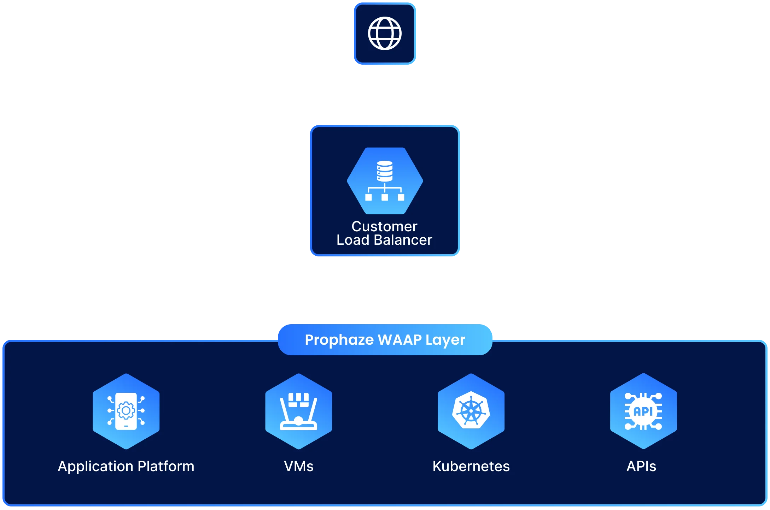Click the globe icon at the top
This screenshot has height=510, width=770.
(x=385, y=34)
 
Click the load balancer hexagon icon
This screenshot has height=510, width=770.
(x=385, y=181)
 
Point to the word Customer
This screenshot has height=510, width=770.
(x=384, y=226)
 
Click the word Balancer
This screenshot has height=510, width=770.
(x=403, y=240)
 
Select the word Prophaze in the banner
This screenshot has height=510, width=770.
(x=339, y=340)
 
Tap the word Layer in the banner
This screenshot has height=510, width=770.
(x=445, y=340)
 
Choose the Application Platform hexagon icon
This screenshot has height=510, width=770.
(x=126, y=411)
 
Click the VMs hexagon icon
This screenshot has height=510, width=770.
(x=298, y=411)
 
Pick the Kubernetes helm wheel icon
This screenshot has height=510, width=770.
(x=471, y=411)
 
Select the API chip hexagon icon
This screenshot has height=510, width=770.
(x=643, y=411)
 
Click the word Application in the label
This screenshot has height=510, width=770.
(x=95, y=467)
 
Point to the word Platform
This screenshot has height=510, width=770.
(x=166, y=467)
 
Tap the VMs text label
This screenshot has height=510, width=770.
(x=298, y=467)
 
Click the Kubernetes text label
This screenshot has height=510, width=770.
(x=471, y=467)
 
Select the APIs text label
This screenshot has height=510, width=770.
(x=641, y=467)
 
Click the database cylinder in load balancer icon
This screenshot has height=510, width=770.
(x=385, y=171)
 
